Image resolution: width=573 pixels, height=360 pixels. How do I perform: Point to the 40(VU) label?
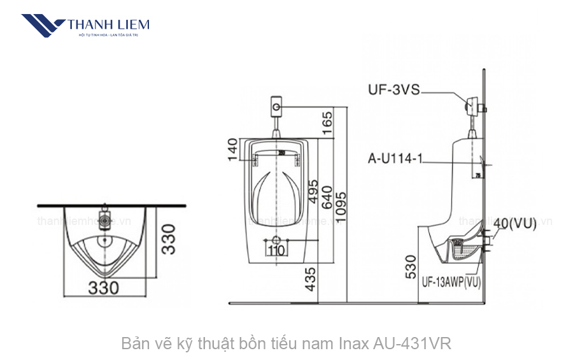click(514, 223)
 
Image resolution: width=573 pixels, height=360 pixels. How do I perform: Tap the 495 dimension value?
click(313, 190)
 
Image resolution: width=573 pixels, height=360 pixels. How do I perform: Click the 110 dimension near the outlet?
click(276, 250)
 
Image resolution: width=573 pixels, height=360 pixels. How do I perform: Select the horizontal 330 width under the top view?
click(104, 287)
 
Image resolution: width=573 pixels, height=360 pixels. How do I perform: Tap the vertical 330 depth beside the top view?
click(167, 237)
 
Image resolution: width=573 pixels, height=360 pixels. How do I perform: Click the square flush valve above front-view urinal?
click(276, 105)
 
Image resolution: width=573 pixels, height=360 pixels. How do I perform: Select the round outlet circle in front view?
click(276, 240)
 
